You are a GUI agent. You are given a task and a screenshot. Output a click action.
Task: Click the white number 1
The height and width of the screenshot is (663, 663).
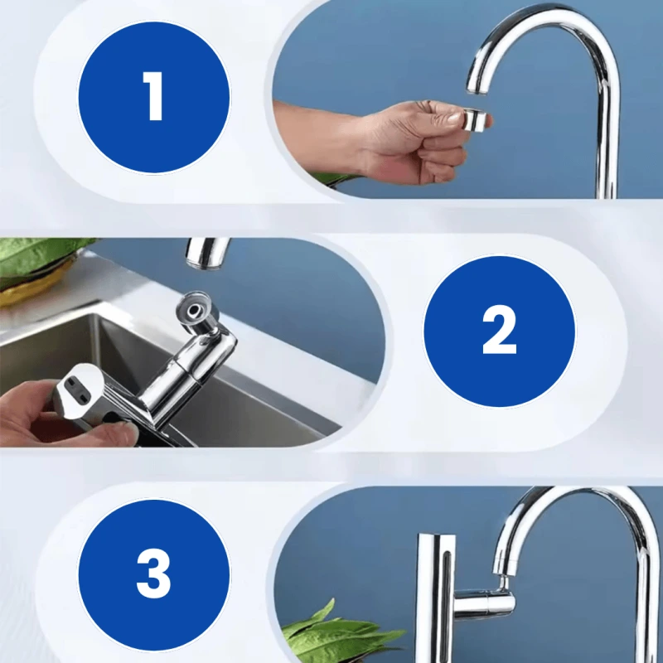pos(153,96)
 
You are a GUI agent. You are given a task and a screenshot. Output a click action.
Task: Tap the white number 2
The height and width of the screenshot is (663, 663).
pos(500,330)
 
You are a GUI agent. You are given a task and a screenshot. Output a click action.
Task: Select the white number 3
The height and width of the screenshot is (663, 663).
pos(153,573)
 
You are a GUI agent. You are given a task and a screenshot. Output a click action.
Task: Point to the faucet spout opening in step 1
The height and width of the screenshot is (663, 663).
pos(478,88)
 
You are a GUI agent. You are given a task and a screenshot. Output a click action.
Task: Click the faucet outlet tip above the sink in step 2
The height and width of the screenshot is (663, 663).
pos(207,254)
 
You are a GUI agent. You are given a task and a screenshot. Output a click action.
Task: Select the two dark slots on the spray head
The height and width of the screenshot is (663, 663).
pos(77,389)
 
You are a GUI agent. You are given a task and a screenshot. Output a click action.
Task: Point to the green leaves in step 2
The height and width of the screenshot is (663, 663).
pos(40,257)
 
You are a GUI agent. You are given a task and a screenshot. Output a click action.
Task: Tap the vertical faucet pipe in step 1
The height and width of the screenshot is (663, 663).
pos(607,135)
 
